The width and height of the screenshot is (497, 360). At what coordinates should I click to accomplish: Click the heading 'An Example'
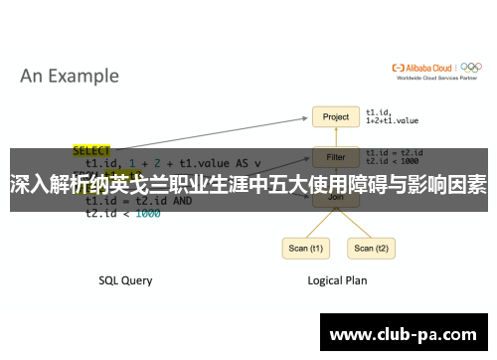tap(70, 76)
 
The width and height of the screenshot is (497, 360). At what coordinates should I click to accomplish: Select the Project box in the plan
tap(336, 116)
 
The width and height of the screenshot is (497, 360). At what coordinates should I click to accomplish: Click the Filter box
tap(336, 156)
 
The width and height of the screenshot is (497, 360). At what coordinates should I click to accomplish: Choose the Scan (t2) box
tap(364, 248)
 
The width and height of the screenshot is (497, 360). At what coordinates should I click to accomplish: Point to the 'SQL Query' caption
tap(125, 280)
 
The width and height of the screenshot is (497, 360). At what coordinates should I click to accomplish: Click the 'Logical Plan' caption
tap(336, 280)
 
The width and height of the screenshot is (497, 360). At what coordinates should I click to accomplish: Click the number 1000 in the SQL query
tap(146, 213)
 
